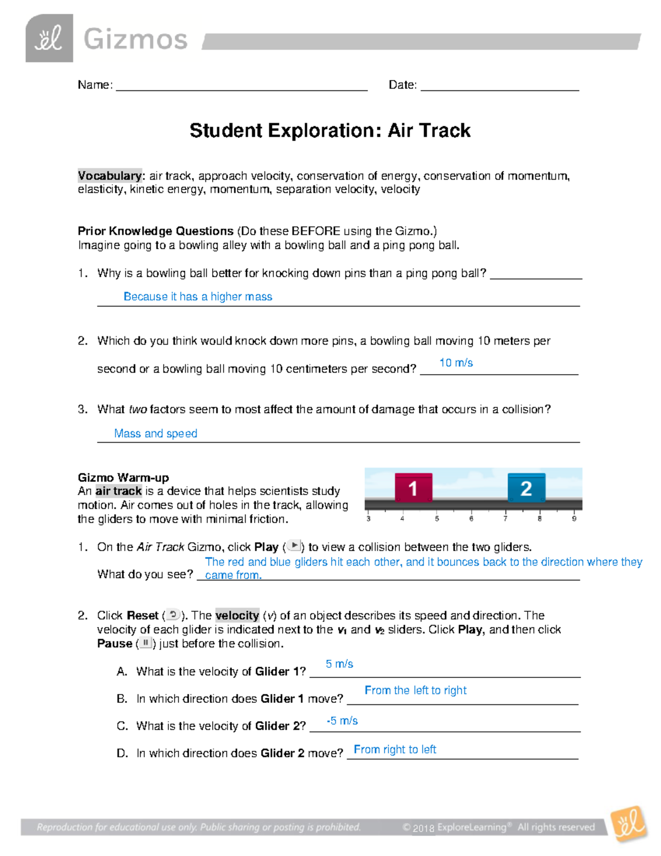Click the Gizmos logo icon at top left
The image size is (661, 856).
(x=49, y=39)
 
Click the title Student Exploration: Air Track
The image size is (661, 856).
(x=330, y=131)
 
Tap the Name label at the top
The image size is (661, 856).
(x=95, y=85)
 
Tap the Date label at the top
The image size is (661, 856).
(x=403, y=85)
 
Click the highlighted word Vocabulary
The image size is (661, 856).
(x=110, y=176)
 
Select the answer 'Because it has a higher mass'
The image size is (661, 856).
(x=198, y=297)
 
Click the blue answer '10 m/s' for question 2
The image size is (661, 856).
(x=456, y=363)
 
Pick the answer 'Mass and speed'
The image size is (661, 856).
(x=155, y=434)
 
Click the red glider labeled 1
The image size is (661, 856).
(x=413, y=488)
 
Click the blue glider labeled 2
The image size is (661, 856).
(x=526, y=488)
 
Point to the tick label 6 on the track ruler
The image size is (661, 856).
(x=471, y=519)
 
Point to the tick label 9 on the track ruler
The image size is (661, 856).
(x=574, y=519)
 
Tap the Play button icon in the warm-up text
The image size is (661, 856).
(x=295, y=546)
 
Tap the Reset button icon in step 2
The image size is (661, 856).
(x=173, y=615)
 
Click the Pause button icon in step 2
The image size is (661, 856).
(x=145, y=643)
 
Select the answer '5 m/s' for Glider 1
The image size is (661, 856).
(x=339, y=664)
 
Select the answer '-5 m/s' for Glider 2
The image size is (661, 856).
(x=342, y=721)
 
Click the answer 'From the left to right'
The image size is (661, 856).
(x=415, y=691)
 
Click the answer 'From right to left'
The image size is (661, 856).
(x=394, y=750)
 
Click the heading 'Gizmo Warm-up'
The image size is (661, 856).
(x=123, y=477)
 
